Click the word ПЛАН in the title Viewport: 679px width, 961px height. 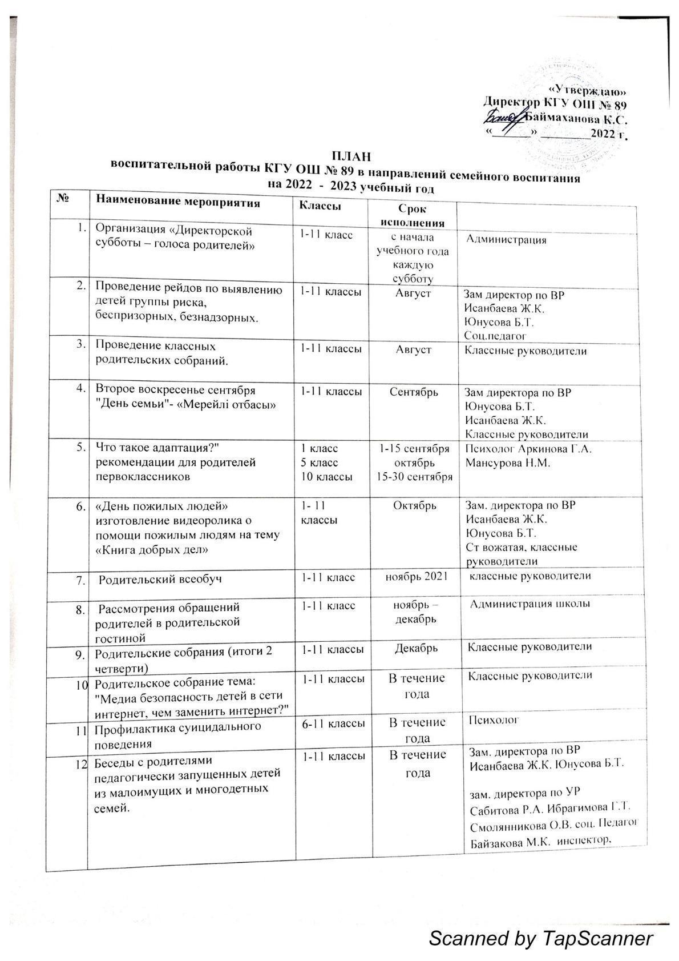click(351, 155)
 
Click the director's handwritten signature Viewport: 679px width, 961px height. click(503, 118)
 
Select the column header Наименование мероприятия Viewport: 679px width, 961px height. click(178, 202)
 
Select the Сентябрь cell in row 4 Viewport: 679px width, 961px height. click(414, 392)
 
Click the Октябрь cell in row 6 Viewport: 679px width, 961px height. click(415, 505)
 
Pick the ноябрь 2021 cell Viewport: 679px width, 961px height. click(414, 577)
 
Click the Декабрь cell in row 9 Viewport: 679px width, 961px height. click(417, 648)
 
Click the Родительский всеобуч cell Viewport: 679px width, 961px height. click(161, 579)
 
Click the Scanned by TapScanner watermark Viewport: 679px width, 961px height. click(540, 938)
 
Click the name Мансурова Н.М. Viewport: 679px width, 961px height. click(507, 463)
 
